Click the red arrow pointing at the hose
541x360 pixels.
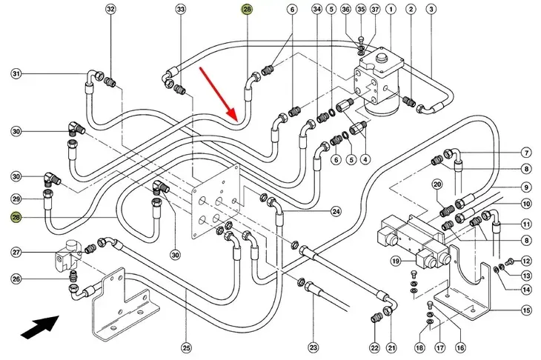point(218,95)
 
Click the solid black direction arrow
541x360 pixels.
point(40,327)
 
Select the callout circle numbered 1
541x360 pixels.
point(391,10)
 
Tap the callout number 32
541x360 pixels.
point(110,10)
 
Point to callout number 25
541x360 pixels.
point(186,348)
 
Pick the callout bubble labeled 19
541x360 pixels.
point(396,261)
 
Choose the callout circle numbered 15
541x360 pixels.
point(526,310)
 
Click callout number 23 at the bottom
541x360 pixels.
point(313,347)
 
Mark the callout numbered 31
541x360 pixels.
point(16,73)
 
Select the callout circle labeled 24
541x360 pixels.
point(336,211)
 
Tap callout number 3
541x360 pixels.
point(431,10)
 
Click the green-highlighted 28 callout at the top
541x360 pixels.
point(247,10)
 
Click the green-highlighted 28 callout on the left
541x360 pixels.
point(16,217)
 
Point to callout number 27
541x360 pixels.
point(16,252)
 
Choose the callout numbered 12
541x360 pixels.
point(526,261)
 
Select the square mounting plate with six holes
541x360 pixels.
point(216,201)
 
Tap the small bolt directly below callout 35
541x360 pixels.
point(361,39)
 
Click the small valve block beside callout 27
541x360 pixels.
point(68,256)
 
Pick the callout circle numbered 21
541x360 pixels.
point(391,348)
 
